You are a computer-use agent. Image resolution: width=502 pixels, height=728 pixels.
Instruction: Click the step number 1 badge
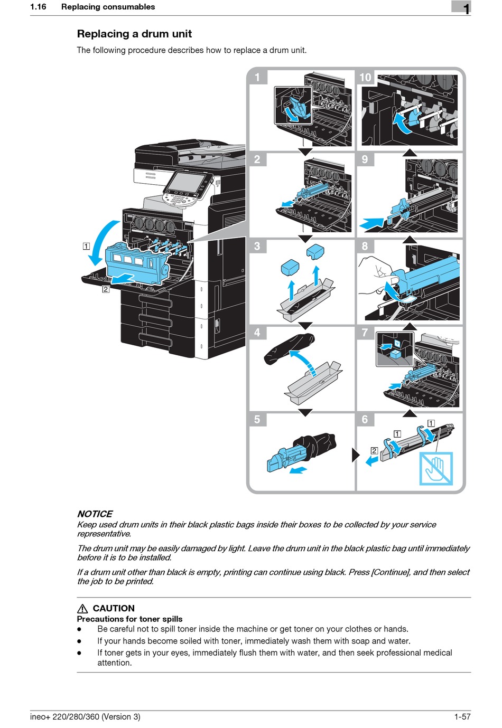[257, 77]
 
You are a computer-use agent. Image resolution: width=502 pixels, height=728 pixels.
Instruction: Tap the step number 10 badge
[365, 77]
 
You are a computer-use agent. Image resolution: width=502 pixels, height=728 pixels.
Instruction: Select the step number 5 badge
[257, 419]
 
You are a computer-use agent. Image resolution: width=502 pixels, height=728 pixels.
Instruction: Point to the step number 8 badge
[365, 246]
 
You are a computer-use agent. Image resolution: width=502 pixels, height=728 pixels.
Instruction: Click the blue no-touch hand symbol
[436, 468]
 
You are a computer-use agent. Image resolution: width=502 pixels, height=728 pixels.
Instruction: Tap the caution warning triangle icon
[82, 608]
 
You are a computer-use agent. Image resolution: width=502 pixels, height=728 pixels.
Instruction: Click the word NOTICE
[95, 514]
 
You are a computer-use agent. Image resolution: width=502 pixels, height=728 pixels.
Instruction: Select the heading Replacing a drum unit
[134, 34]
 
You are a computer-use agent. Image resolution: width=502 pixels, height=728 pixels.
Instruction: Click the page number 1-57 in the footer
[462, 716]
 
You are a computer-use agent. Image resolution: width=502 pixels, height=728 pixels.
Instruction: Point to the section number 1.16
[38, 7]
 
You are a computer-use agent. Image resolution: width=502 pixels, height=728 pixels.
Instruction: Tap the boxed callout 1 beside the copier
[86, 246]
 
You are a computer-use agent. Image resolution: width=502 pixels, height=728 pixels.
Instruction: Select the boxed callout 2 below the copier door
[106, 289]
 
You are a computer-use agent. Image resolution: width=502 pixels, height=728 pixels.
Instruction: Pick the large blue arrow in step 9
[372, 223]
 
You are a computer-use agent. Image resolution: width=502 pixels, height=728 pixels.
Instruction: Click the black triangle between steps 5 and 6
[355, 455]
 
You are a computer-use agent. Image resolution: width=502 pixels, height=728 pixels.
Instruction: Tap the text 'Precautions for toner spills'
[129, 619]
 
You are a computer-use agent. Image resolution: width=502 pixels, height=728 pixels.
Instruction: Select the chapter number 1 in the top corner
[466, 8]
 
